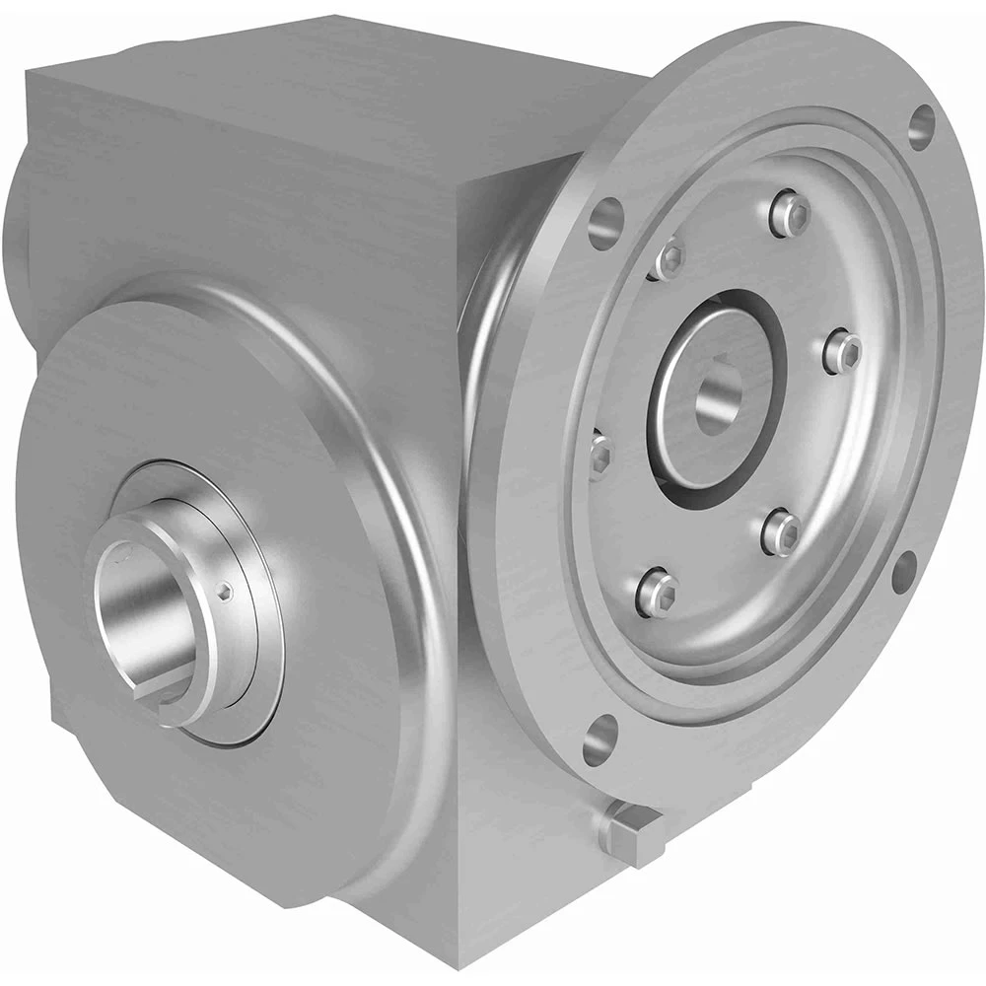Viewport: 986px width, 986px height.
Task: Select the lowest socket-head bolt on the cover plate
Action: (658, 590)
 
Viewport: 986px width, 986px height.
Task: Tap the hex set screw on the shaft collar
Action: (226, 591)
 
